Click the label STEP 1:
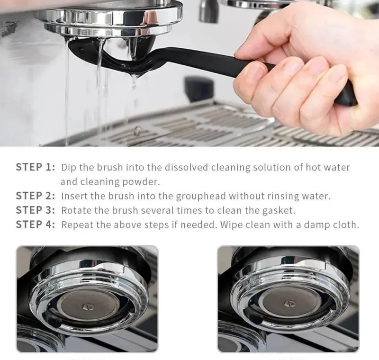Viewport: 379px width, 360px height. point(36,167)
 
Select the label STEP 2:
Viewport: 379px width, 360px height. point(36,196)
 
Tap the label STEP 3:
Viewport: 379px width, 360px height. point(36,210)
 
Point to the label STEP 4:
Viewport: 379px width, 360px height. point(36,225)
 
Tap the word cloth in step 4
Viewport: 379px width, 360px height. point(346,225)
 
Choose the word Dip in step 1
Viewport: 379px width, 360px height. point(69,167)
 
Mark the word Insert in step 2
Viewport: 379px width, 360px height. point(74,196)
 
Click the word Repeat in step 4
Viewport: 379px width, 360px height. point(77,225)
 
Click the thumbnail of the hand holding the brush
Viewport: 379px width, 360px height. point(189,73)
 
